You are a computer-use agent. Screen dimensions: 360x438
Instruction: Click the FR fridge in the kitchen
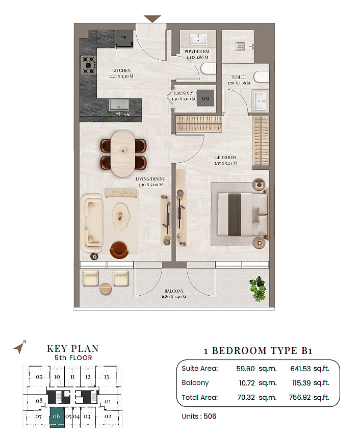tap(124, 39)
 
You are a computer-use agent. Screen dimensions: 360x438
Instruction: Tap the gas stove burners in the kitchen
tap(89, 65)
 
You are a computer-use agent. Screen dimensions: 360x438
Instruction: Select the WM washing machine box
tap(205, 98)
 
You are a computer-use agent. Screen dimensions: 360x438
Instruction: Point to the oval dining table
tap(123, 153)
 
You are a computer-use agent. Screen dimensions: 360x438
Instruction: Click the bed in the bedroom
tap(242, 214)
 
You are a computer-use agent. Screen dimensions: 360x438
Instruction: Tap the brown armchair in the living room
tap(119, 249)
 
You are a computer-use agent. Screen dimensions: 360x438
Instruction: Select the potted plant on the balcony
tap(258, 289)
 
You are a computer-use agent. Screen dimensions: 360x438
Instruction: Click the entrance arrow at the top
tap(152, 19)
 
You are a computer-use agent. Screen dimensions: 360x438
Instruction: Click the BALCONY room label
tap(174, 291)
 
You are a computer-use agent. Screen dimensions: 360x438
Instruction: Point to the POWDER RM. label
tap(197, 51)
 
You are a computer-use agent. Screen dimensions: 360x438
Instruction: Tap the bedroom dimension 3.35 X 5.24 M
tap(225, 163)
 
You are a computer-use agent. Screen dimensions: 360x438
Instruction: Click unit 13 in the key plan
tap(107, 377)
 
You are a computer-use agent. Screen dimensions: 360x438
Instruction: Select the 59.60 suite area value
tap(245, 369)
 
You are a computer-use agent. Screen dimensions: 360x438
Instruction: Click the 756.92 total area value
tap(300, 397)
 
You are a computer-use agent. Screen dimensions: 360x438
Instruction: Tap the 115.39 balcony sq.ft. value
tap(301, 383)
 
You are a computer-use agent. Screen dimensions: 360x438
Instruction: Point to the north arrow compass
tap(19, 348)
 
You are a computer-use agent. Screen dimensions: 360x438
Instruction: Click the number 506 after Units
tap(210, 416)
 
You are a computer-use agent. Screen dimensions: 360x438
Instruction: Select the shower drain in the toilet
tap(240, 46)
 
